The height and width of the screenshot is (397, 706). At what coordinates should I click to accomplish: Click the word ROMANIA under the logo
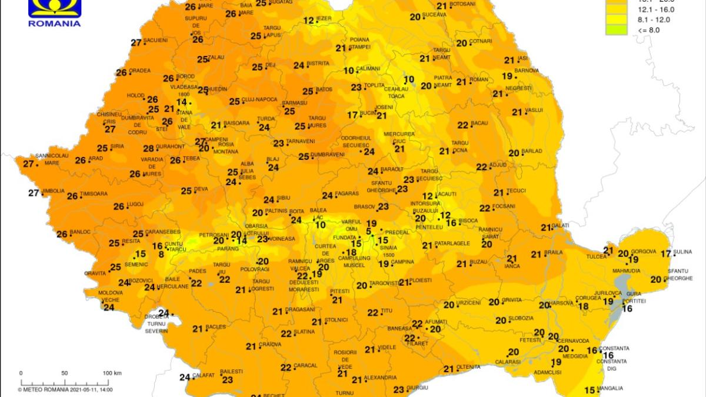point(54,24)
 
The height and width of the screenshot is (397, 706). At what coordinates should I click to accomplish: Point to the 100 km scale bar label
point(112,373)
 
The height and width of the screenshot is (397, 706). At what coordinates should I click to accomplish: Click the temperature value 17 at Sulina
point(665,253)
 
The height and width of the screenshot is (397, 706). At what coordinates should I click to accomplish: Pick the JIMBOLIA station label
point(54,191)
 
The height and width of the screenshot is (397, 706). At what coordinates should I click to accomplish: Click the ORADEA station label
point(140,71)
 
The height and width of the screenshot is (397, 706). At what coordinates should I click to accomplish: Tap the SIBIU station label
point(284,199)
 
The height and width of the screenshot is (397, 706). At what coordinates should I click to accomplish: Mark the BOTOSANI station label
point(461,4)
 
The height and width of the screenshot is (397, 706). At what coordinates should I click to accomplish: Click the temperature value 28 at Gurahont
point(148,148)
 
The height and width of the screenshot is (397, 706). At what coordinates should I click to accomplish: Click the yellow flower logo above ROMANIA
point(54,7)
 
